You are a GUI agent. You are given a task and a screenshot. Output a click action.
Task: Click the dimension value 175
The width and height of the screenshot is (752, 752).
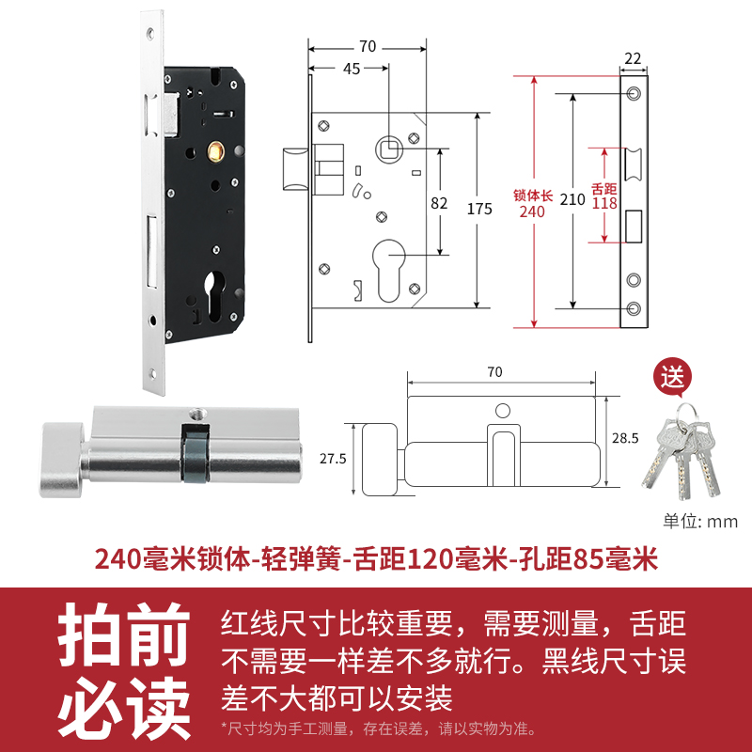click(x=479, y=210)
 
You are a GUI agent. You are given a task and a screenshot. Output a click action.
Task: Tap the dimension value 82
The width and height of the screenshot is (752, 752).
click(x=438, y=202)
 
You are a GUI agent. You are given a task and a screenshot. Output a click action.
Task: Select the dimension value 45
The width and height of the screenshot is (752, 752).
click(x=352, y=68)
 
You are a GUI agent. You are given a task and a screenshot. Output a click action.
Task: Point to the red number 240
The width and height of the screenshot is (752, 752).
click(x=532, y=211)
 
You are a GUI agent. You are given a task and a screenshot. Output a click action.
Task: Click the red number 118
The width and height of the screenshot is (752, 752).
click(x=604, y=203)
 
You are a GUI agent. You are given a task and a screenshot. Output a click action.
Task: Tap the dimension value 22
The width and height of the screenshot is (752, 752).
click(x=632, y=58)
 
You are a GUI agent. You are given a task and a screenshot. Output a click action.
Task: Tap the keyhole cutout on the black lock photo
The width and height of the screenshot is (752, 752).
click(x=211, y=289)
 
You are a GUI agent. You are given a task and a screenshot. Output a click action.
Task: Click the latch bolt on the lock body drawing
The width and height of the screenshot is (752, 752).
click(x=293, y=167)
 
